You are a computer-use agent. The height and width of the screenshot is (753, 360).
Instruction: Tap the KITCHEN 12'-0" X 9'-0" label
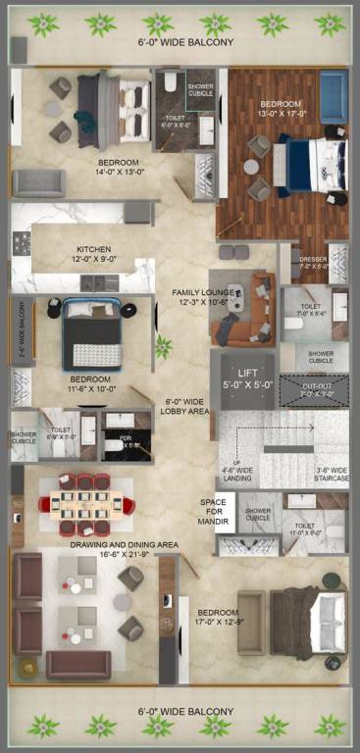(x=94, y=255)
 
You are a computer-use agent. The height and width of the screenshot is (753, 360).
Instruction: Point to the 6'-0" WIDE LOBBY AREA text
(x=185, y=407)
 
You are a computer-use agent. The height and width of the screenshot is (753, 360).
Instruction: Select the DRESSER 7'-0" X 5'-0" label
(x=313, y=262)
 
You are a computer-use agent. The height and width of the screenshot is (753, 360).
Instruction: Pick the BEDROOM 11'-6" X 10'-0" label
(x=89, y=384)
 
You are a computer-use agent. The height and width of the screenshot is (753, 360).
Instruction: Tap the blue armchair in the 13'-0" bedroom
(x=333, y=98)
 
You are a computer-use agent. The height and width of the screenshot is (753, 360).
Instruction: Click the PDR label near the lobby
(x=126, y=441)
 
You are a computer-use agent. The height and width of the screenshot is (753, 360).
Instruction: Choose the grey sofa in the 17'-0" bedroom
(x=252, y=624)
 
